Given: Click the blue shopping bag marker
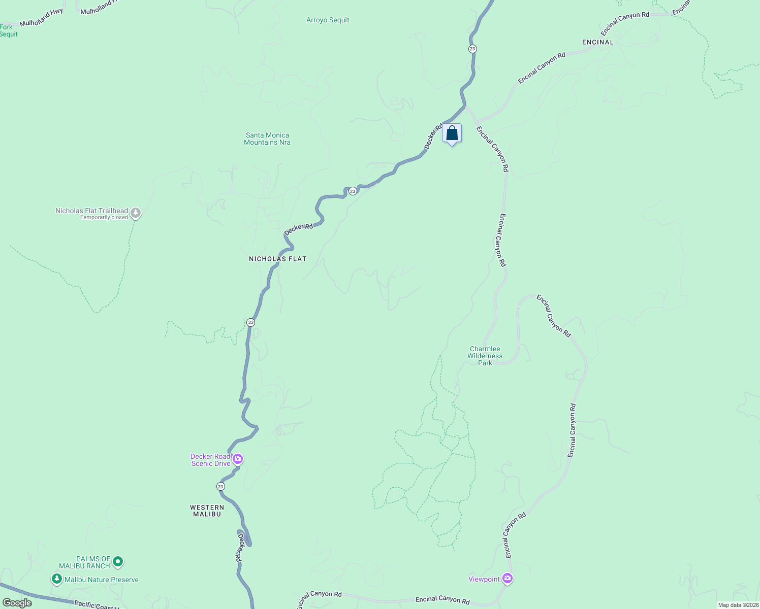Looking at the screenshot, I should pos(452,134).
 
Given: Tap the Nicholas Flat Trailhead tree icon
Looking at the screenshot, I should pos(135,213).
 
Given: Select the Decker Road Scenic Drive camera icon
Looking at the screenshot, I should pos(237,459).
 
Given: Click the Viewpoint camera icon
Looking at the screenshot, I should pos(507,579).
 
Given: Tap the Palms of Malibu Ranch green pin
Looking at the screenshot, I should pos(118,561).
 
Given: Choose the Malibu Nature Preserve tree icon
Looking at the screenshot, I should pos(57,579).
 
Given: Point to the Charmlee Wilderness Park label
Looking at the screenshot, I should pos(485,356).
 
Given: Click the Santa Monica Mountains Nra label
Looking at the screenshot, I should pos(267,139).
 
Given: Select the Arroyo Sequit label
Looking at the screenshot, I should pos(328,20).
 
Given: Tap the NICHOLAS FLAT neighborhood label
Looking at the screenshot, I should pos(278,259).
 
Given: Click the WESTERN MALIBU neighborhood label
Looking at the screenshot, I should pos(207,511).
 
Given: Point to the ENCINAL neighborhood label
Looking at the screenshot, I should pos(598,42).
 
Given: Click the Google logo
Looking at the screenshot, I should pos(17,603).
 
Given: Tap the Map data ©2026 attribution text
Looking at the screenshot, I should pos(738,605).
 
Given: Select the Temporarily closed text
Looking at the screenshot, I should pos(104,218).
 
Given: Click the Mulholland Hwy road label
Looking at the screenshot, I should pos(42,18).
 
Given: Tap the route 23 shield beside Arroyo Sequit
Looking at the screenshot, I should pos(472,49).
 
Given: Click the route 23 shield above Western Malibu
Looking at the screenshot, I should pos(220,486).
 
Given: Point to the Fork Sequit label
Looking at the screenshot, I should pos(8,30).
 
